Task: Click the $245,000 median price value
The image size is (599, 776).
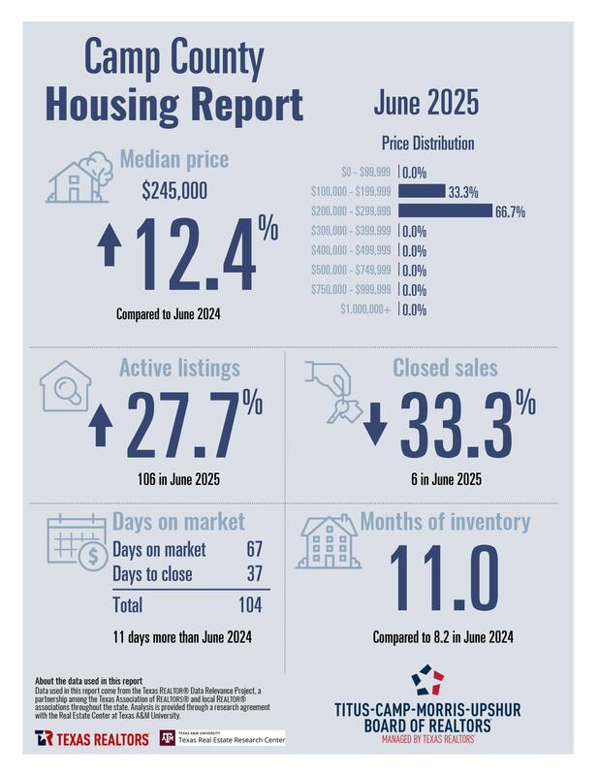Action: [x=174, y=191]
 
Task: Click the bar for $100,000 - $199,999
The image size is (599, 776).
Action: [x=423, y=191]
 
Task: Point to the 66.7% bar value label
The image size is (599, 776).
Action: [x=511, y=211]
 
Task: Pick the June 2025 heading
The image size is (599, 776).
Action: [x=425, y=103]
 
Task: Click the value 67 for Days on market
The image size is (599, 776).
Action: [x=254, y=550]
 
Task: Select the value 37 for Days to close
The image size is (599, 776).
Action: [x=254, y=574]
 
